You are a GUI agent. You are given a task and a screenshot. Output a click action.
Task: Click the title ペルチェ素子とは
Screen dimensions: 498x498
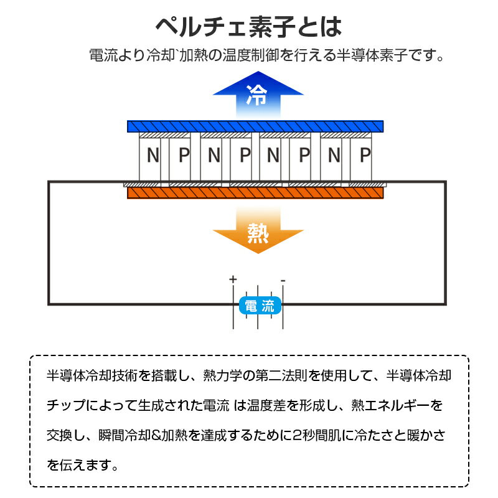(248, 27)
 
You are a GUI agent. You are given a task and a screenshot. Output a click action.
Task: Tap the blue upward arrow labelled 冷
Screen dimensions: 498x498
(258, 95)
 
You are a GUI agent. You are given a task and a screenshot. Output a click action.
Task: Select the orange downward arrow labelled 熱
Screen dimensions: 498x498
(258, 230)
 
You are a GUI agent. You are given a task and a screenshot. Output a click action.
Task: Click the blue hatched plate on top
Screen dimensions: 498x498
(255, 126)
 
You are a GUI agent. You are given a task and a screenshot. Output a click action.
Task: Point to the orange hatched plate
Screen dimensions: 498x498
(255, 193)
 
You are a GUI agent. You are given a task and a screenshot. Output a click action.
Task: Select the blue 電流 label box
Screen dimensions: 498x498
(260, 306)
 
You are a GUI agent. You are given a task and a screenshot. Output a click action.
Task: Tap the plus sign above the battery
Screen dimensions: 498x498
(233, 279)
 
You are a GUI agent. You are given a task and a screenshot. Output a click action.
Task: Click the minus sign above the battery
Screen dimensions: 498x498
(283, 281)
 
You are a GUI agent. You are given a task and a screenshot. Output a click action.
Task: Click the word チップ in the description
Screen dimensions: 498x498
(66, 405)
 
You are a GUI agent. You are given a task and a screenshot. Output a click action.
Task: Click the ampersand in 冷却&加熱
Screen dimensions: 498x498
(157, 435)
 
